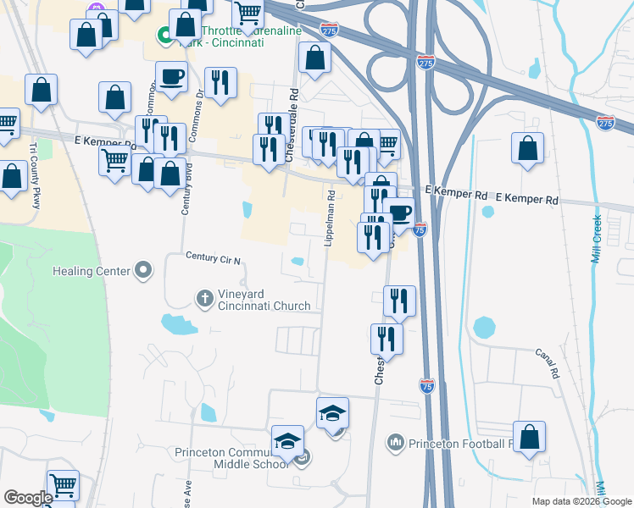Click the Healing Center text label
point(91,271)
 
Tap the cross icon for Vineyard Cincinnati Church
point(203,298)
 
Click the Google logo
point(28,498)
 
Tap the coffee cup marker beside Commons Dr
point(171,77)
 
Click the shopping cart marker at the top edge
point(247,12)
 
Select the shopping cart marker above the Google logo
point(63,484)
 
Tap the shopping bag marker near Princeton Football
point(529,437)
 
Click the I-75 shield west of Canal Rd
point(427,386)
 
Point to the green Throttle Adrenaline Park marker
point(162,36)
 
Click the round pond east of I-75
point(484,326)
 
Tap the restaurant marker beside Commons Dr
point(220,82)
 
